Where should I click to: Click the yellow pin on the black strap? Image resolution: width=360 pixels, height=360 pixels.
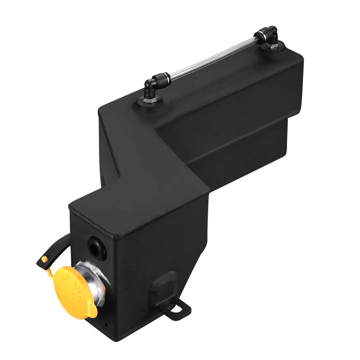44,259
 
